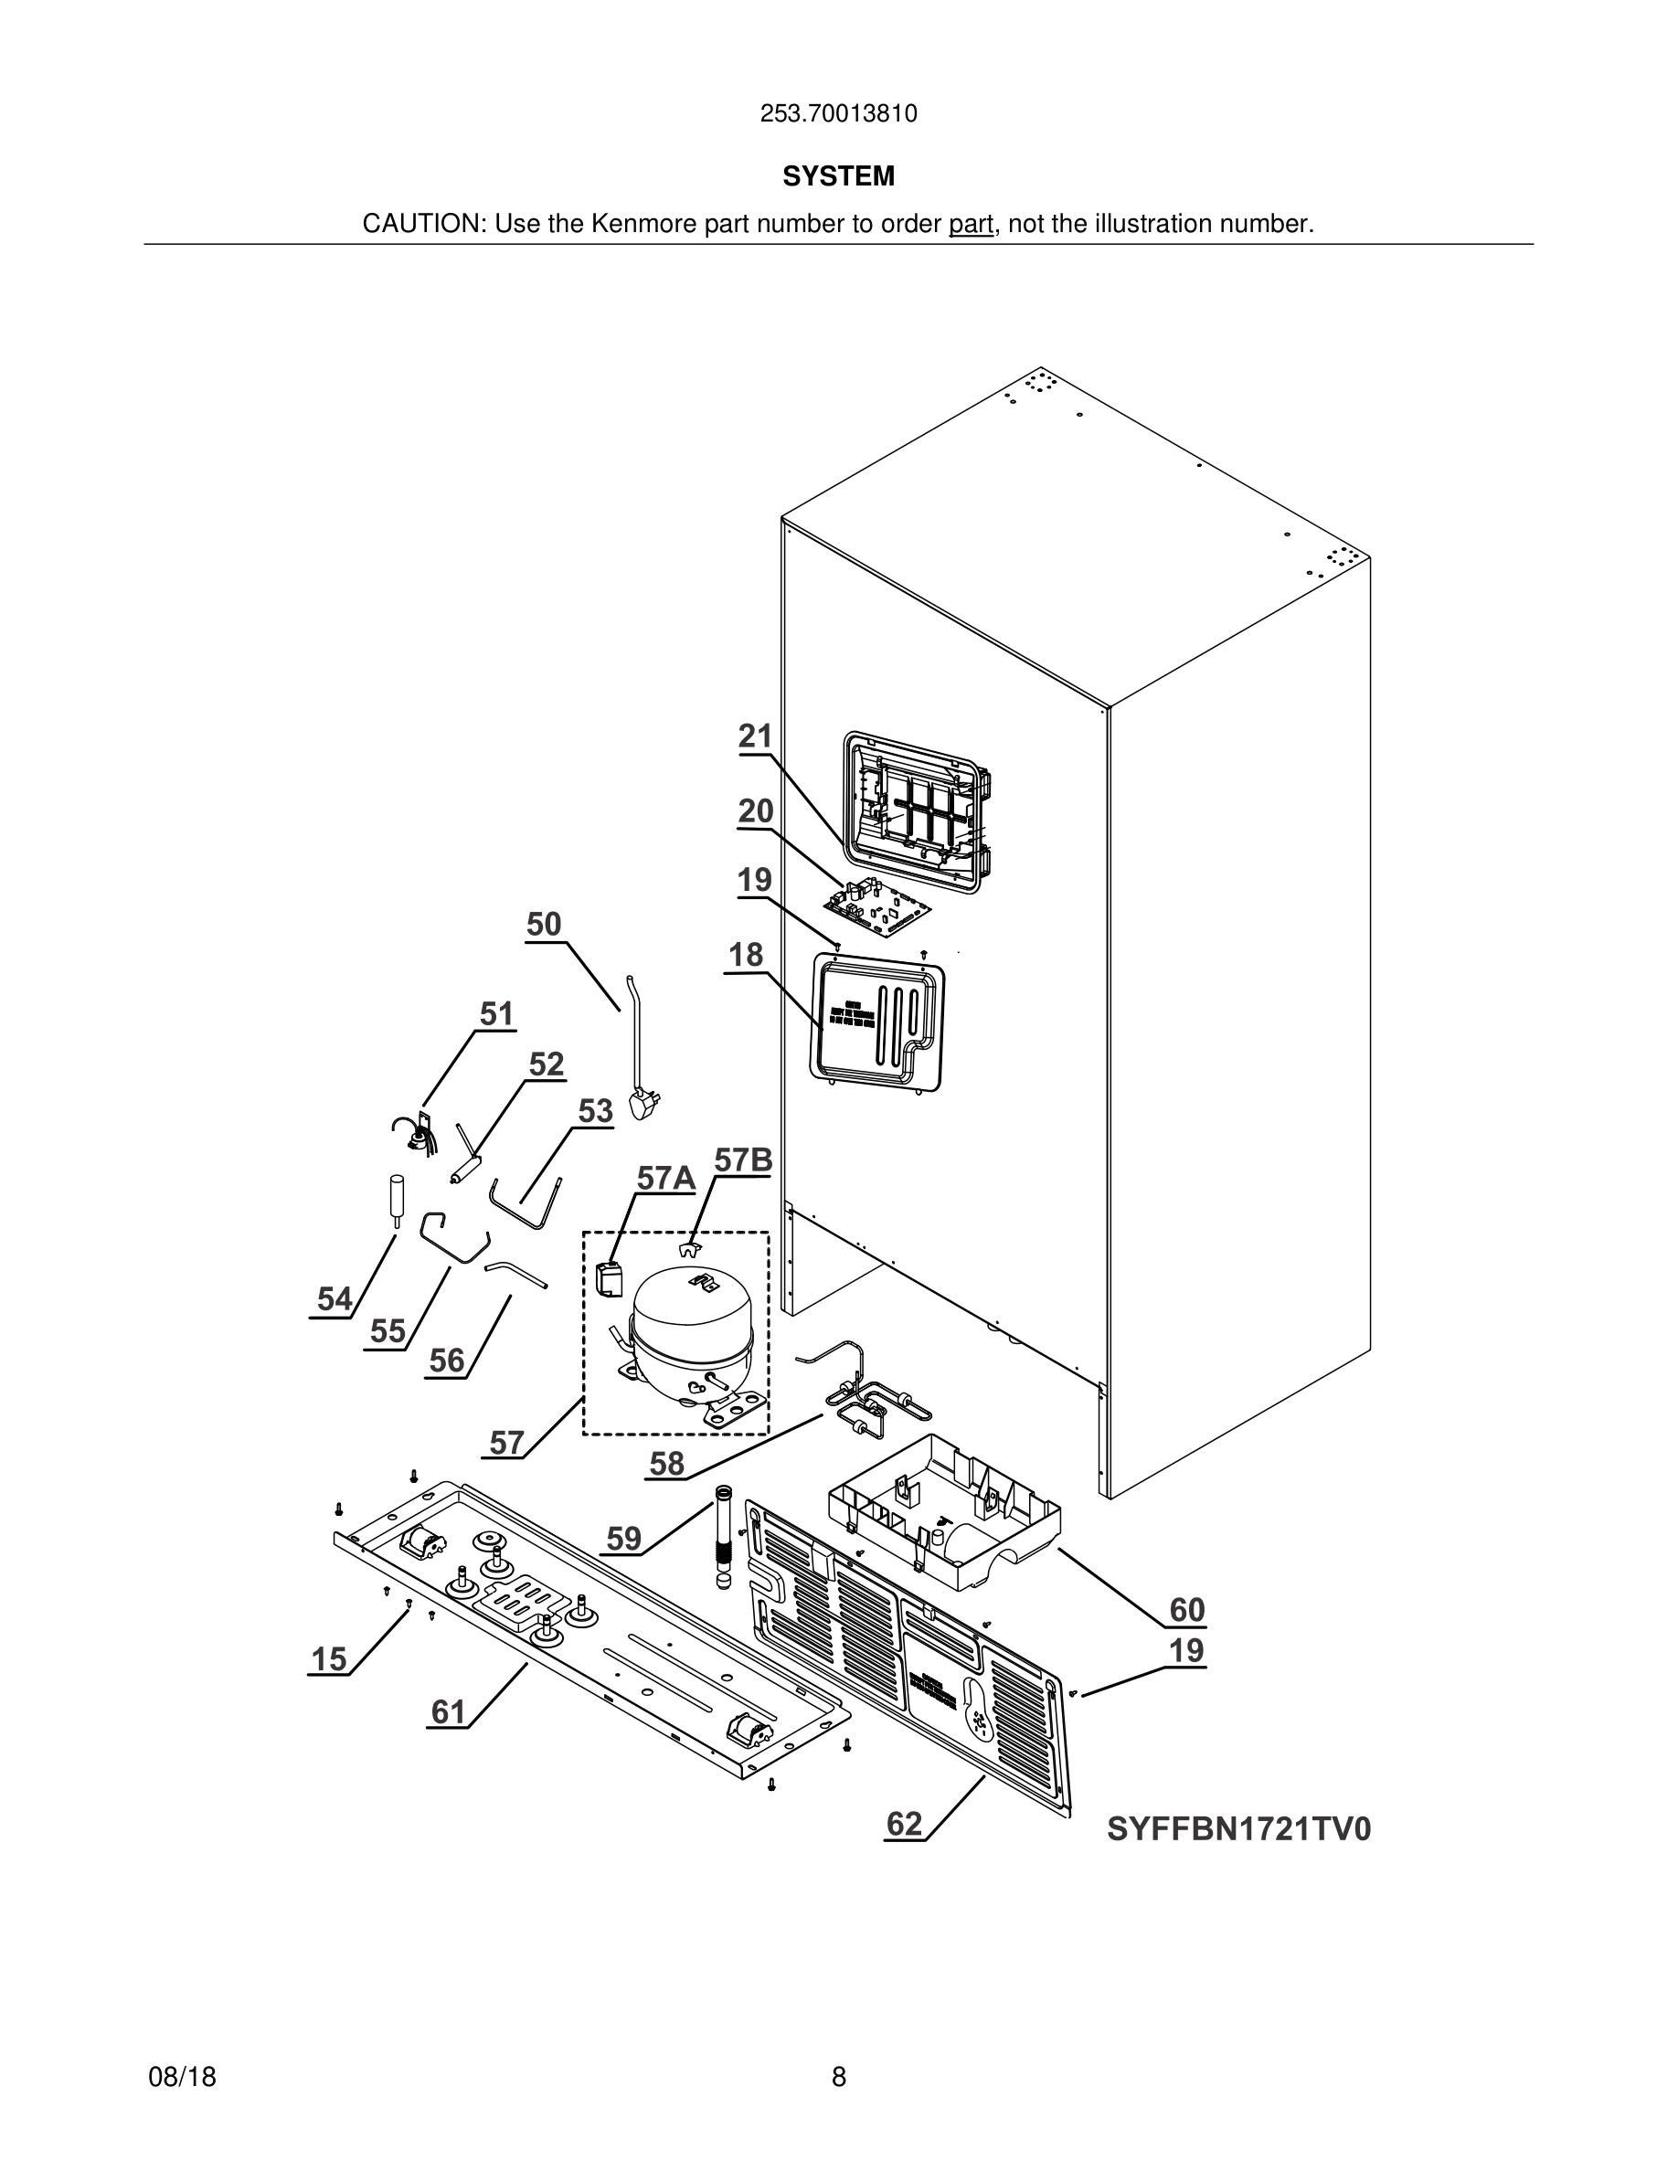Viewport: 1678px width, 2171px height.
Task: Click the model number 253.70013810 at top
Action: tap(838, 114)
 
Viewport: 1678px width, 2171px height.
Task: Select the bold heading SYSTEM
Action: tap(838, 176)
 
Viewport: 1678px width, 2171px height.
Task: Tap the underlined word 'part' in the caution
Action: tap(971, 225)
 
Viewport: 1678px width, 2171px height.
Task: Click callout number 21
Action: tap(756, 736)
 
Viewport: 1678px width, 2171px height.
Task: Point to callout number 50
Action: tap(544, 925)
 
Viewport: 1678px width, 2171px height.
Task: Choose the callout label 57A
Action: tap(665, 1178)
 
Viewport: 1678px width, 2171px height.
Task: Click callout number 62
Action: tap(905, 1824)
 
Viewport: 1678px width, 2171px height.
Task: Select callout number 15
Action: tap(329, 1659)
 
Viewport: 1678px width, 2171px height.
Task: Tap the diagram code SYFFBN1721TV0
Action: tap(1238, 1829)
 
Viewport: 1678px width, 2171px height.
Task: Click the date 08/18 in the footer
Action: tap(182, 2077)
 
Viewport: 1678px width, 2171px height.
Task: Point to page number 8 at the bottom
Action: tap(838, 2077)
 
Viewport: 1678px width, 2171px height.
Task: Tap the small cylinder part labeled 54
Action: tap(396, 1200)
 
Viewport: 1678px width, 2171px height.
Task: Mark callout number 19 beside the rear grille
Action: tap(1186, 1650)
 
